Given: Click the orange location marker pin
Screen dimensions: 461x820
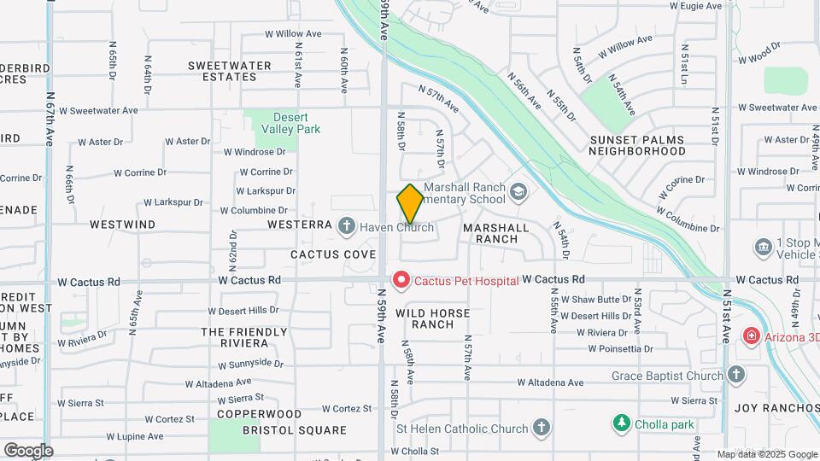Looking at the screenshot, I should tap(410, 203).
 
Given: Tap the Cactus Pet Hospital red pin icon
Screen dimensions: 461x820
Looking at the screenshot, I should tap(400, 279).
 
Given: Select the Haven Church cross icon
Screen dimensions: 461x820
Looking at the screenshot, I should tap(346, 226).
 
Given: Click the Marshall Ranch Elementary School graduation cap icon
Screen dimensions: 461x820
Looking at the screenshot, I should tap(518, 192).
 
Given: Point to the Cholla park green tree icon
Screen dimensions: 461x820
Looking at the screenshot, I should tap(622, 423).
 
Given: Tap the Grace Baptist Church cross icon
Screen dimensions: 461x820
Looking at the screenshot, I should tap(736, 374).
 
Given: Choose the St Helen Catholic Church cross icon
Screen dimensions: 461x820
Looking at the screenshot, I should tap(541, 428).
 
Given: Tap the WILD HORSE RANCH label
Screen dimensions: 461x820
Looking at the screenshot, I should tap(432, 318).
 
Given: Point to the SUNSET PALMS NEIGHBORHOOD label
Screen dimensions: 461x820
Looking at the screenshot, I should tap(637, 144).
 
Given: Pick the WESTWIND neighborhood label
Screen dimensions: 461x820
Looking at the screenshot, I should tap(122, 225).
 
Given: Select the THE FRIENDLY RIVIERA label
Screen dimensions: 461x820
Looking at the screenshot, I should tap(244, 336).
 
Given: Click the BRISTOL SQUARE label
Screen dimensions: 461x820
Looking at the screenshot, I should tap(294, 430).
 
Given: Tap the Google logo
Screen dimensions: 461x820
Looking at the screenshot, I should tap(28, 450).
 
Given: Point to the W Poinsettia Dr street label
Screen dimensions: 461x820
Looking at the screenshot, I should tap(620, 348).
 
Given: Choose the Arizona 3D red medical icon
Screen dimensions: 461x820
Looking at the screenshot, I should tap(751, 336).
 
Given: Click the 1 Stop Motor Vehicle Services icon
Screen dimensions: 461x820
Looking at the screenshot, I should tap(763, 248).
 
